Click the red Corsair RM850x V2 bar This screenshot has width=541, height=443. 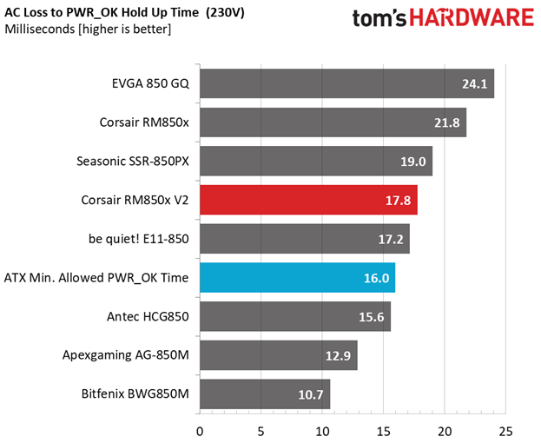[x=309, y=200]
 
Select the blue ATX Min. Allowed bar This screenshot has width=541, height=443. [x=298, y=278]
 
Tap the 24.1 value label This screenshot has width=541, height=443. [x=474, y=84]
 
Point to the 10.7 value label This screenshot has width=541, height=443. [x=311, y=394]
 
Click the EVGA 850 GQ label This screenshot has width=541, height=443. [x=150, y=83]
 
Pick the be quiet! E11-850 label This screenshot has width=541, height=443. [x=139, y=239]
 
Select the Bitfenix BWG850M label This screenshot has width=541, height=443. [x=135, y=393]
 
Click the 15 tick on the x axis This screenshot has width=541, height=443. [x=383, y=432]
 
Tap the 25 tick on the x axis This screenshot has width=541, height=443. [x=505, y=432]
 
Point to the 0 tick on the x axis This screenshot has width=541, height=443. [x=200, y=432]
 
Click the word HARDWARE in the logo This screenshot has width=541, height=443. [x=472, y=18]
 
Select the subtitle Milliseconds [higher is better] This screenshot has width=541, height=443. [x=88, y=30]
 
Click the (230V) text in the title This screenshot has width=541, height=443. [x=225, y=13]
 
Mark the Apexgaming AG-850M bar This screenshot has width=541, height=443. [x=279, y=355]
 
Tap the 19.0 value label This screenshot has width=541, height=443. [x=413, y=162]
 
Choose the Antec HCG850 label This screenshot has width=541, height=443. [x=148, y=316]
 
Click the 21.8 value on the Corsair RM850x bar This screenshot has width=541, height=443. [x=447, y=122]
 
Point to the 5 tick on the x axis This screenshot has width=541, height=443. [x=261, y=432]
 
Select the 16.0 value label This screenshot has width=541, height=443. [x=376, y=278]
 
